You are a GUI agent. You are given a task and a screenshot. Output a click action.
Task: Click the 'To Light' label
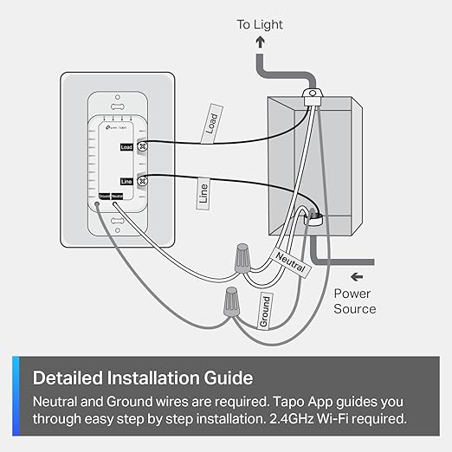260,25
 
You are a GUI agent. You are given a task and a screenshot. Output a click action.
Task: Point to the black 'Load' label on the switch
125,148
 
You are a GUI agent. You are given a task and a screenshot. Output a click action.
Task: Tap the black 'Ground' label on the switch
103,196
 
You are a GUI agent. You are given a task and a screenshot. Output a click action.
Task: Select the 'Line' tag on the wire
202,192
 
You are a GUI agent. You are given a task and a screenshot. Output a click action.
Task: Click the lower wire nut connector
229,302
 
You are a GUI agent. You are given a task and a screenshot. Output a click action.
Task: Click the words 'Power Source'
355,301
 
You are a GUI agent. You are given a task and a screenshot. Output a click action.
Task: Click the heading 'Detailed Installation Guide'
143,378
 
